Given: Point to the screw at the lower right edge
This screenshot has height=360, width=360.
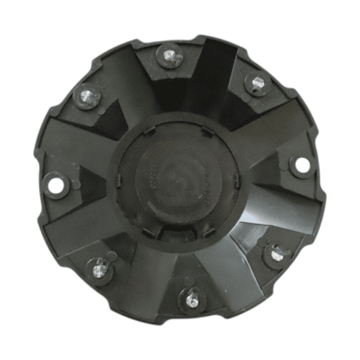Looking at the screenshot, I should [275, 254].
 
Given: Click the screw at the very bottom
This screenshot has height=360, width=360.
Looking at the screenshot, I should [191, 296].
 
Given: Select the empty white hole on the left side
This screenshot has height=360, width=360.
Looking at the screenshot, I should [56, 186].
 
